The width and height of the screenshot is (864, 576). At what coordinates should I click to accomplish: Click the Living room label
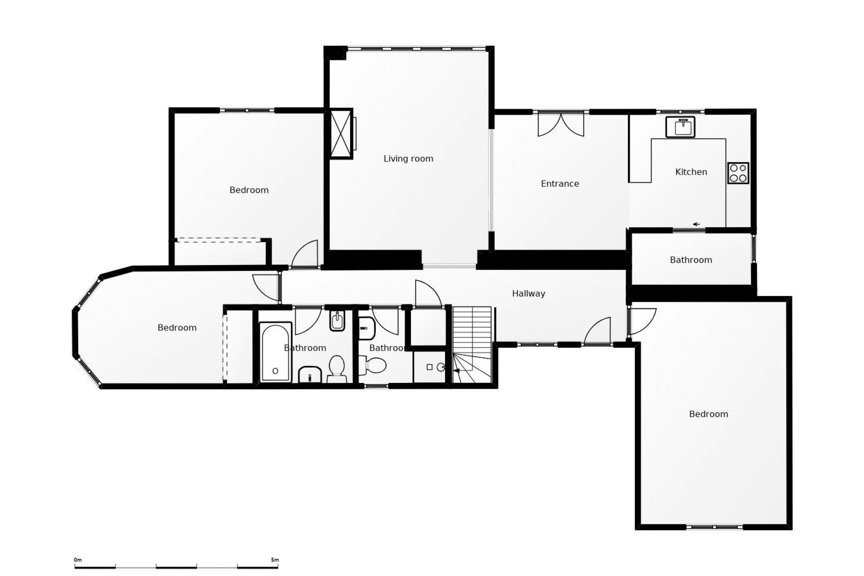point(408,158)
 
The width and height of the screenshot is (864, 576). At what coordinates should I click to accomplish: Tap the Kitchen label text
point(691,172)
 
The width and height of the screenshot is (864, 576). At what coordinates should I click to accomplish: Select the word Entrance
point(560,184)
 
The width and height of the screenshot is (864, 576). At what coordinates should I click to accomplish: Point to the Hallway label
point(528,293)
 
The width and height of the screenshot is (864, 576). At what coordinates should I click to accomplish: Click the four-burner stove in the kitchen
point(738,173)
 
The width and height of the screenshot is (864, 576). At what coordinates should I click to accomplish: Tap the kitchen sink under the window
point(680,126)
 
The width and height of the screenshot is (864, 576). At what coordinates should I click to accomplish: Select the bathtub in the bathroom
point(275,352)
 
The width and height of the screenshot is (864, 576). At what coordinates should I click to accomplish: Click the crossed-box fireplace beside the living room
point(341,134)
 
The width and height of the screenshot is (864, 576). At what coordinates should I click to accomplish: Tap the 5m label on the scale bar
point(274,560)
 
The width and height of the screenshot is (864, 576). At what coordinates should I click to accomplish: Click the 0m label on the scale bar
point(78,560)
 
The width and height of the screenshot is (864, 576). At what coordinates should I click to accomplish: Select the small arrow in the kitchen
point(696,224)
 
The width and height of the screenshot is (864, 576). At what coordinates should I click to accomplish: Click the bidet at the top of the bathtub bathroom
point(337,321)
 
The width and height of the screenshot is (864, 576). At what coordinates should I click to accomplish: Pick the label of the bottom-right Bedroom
point(708,414)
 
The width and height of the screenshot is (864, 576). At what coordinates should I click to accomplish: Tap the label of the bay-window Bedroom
point(177,328)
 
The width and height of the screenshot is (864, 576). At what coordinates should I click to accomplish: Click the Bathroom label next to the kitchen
point(691,260)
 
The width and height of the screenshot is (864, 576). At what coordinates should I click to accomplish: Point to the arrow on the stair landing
point(457,371)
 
